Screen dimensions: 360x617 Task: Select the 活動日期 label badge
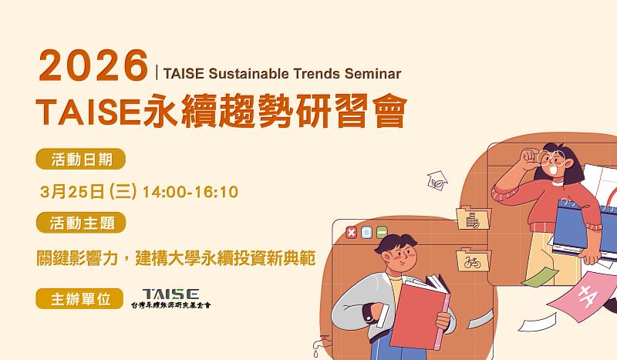[80, 160]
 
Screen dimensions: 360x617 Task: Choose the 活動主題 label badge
[80, 223]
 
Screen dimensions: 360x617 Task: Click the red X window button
[351, 232]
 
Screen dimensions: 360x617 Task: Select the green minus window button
[381, 232]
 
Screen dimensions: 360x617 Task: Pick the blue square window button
[366, 232]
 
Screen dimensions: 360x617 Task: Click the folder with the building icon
[469, 218]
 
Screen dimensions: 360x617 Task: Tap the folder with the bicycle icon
[469, 261]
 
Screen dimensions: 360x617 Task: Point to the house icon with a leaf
[437, 180]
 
